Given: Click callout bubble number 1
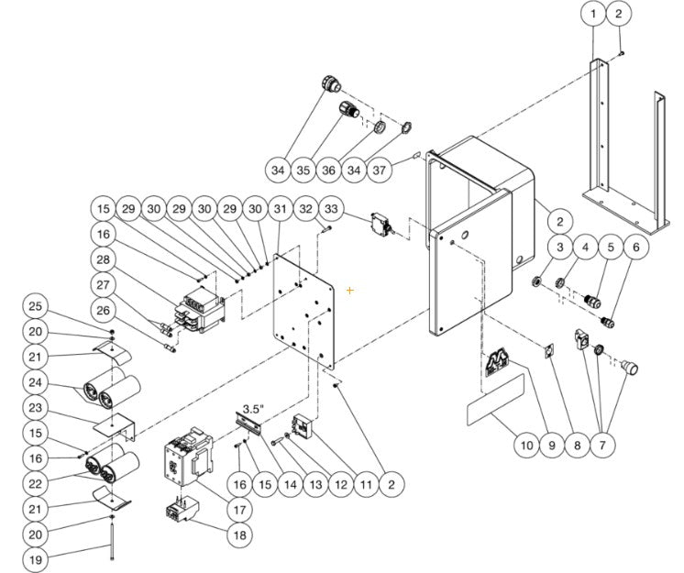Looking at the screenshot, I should (x=593, y=14).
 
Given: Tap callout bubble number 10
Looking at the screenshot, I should (x=524, y=446).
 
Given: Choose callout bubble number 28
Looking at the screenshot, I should (x=104, y=259).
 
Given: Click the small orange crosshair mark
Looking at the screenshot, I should (x=349, y=291).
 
